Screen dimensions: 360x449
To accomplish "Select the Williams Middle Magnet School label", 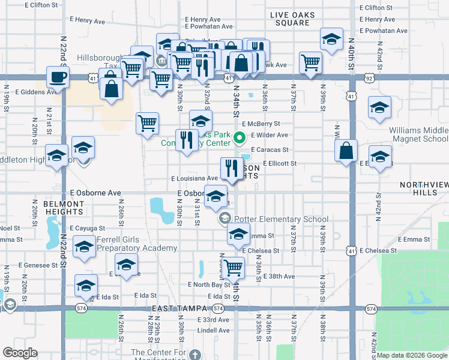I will click(x=418, y=135).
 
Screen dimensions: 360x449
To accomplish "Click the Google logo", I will click(x=20, y=353).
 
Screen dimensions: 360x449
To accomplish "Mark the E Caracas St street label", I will click(x=270, y=149).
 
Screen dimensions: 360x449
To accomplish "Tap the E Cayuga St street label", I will click(x=87, y=229).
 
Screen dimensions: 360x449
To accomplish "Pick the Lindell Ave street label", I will click(x=213, y=330).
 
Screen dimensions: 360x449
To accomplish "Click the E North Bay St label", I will click(x=208, y=284).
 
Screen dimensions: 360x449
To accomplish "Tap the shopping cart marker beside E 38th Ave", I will click(x=233, y=268).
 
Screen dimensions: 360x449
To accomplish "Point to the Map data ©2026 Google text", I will click(x=412, y=355).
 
